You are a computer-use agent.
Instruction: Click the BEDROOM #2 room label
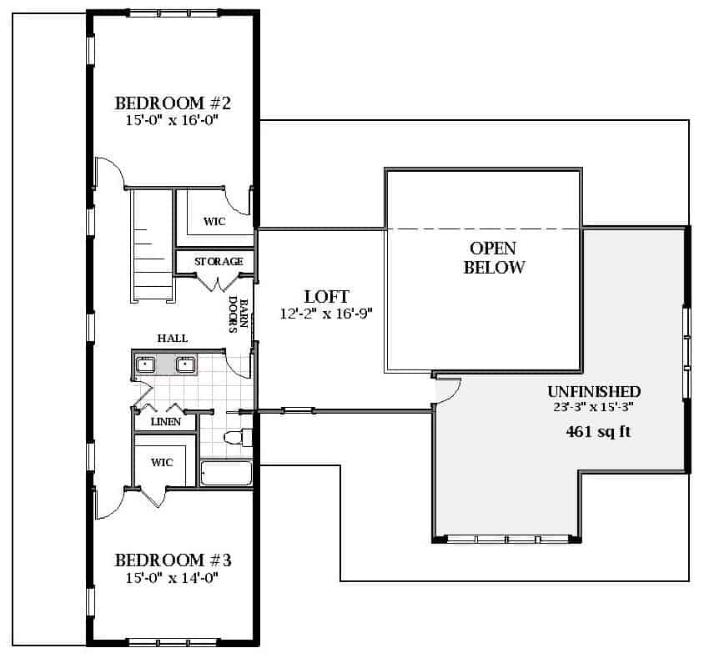pyautogui.click(x=173, y=103)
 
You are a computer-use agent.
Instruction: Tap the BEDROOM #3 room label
pyautogui.click(x=173, y=560)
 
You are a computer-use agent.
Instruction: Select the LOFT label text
pyautogui.click(x=326, y=297)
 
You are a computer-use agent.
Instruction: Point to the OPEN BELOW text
pyautogui.click(x=494, y=258)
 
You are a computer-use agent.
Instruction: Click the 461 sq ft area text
pyautogui.click(x=598, y=432)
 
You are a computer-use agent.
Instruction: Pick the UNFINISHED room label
pyautogui.click(x=594, y=391)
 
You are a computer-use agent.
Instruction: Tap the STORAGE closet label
pyautogui.click(x=219, y=261)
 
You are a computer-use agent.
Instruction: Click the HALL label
pyautogui.click(x=173, y=338)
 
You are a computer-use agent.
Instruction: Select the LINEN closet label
pyautogui.click(x=166, y=421)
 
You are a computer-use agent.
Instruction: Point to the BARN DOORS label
pyautogui.click(x=239, y=314)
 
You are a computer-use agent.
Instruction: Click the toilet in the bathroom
pyautogui.click(x=238, y=437)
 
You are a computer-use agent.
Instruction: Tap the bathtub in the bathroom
pyautogui.click(x=226, y=473)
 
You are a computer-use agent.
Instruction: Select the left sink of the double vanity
pyautogui.click(x=145, y=364)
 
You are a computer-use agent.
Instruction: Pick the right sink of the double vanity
pyautogui.click(x=185, y=364)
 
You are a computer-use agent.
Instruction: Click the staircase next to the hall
pyautogui.click(x=152, y=245)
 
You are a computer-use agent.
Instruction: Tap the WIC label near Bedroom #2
pyautogui.click(x=214, y=221)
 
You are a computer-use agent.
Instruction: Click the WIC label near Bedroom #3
pyautogui.click(x=162, y=462)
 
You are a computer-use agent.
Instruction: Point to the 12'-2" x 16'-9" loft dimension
pyautogui.click(x=326, y=314)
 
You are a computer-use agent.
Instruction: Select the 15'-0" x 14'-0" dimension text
pyautogui.click(x=172, y=578)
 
